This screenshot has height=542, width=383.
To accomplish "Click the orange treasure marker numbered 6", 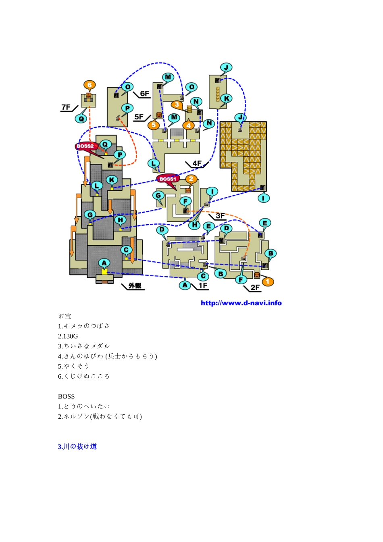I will pos(90,85).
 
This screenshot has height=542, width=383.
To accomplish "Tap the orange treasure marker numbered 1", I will pos(268,281).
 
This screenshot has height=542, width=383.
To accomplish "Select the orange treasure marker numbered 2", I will pos(191,179).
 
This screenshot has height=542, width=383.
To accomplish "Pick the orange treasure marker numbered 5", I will pos(153,125).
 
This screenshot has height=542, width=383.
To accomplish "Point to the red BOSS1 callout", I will pos(168,179).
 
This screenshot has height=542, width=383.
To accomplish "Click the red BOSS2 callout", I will pos(85,146).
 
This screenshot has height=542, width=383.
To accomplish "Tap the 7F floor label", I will pos(66,107).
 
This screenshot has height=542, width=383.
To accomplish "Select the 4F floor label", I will pos(197,163).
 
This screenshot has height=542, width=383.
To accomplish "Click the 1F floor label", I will pos(203,286).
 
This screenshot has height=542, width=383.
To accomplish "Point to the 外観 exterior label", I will pos(135,286).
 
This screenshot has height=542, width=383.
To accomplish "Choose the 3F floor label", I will pos(220,216).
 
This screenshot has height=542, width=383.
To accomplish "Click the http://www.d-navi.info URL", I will pos(241,303).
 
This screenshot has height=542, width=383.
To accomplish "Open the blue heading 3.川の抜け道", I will pos(77,446).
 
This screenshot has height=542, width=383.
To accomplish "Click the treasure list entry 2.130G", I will pos(68,336).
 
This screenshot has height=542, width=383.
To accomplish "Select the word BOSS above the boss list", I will pos(66,396).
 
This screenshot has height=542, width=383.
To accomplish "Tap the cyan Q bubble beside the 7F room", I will pos(81,119).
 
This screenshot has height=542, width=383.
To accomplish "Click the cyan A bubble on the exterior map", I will pos(104,263).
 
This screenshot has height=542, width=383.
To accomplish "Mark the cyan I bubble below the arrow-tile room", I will pos(264,198).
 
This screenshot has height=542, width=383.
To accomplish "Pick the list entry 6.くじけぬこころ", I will pos(84,376).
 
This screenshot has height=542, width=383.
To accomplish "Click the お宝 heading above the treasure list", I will pos(65,316).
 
